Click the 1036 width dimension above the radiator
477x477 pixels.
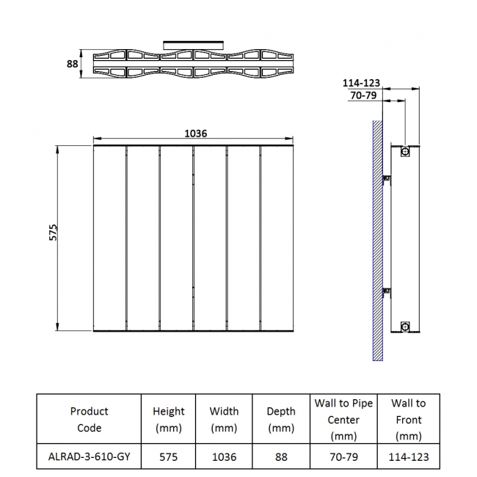195,134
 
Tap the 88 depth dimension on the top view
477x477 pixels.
72,64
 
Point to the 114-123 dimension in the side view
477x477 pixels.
360,84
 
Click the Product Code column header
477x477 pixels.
89,419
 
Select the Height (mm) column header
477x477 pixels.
168,419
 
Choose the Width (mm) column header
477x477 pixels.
224,419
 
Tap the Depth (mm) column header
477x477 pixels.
282,419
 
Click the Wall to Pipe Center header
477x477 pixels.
344,419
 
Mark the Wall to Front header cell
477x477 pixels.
408,419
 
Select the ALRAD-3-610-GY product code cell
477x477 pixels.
89,456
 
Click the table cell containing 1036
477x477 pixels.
224,456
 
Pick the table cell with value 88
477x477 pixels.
282,456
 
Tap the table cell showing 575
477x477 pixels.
168,456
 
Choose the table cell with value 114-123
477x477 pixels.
408,456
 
